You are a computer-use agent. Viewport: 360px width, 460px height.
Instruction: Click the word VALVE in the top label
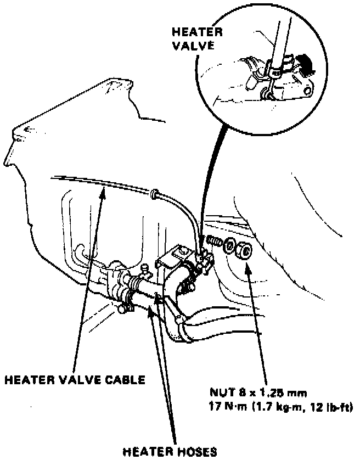click(x=190, y=46)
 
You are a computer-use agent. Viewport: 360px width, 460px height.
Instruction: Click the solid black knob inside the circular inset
click(x=303, y=64)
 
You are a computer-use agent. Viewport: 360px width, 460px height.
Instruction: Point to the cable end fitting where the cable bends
click(x=155, y=193)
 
